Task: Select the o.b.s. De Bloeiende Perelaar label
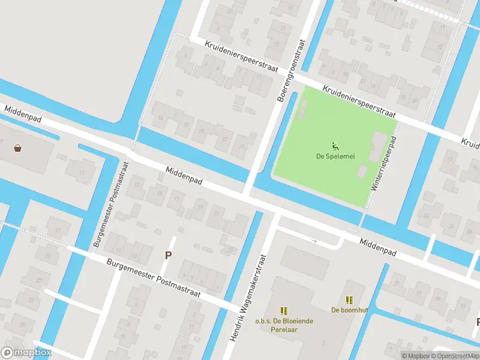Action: (x=284, y=325)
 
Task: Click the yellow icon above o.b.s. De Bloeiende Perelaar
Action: (x=284, y=311)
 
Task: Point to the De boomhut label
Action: (x=349, y=310)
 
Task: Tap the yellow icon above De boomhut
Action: (x=349, y=299)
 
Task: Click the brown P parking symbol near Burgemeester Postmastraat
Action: (x=169, y=255)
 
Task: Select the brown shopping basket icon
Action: (x=18, y=148)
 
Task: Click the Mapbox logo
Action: (x=26, y=352)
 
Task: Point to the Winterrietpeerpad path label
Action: (x=382, y=163)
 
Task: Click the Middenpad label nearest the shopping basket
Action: (x=23, y=115)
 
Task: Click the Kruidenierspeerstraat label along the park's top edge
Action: (x=359, y=101)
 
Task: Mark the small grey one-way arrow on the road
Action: (x=313, y=241)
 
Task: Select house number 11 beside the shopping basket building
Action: (x=82, y=173)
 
